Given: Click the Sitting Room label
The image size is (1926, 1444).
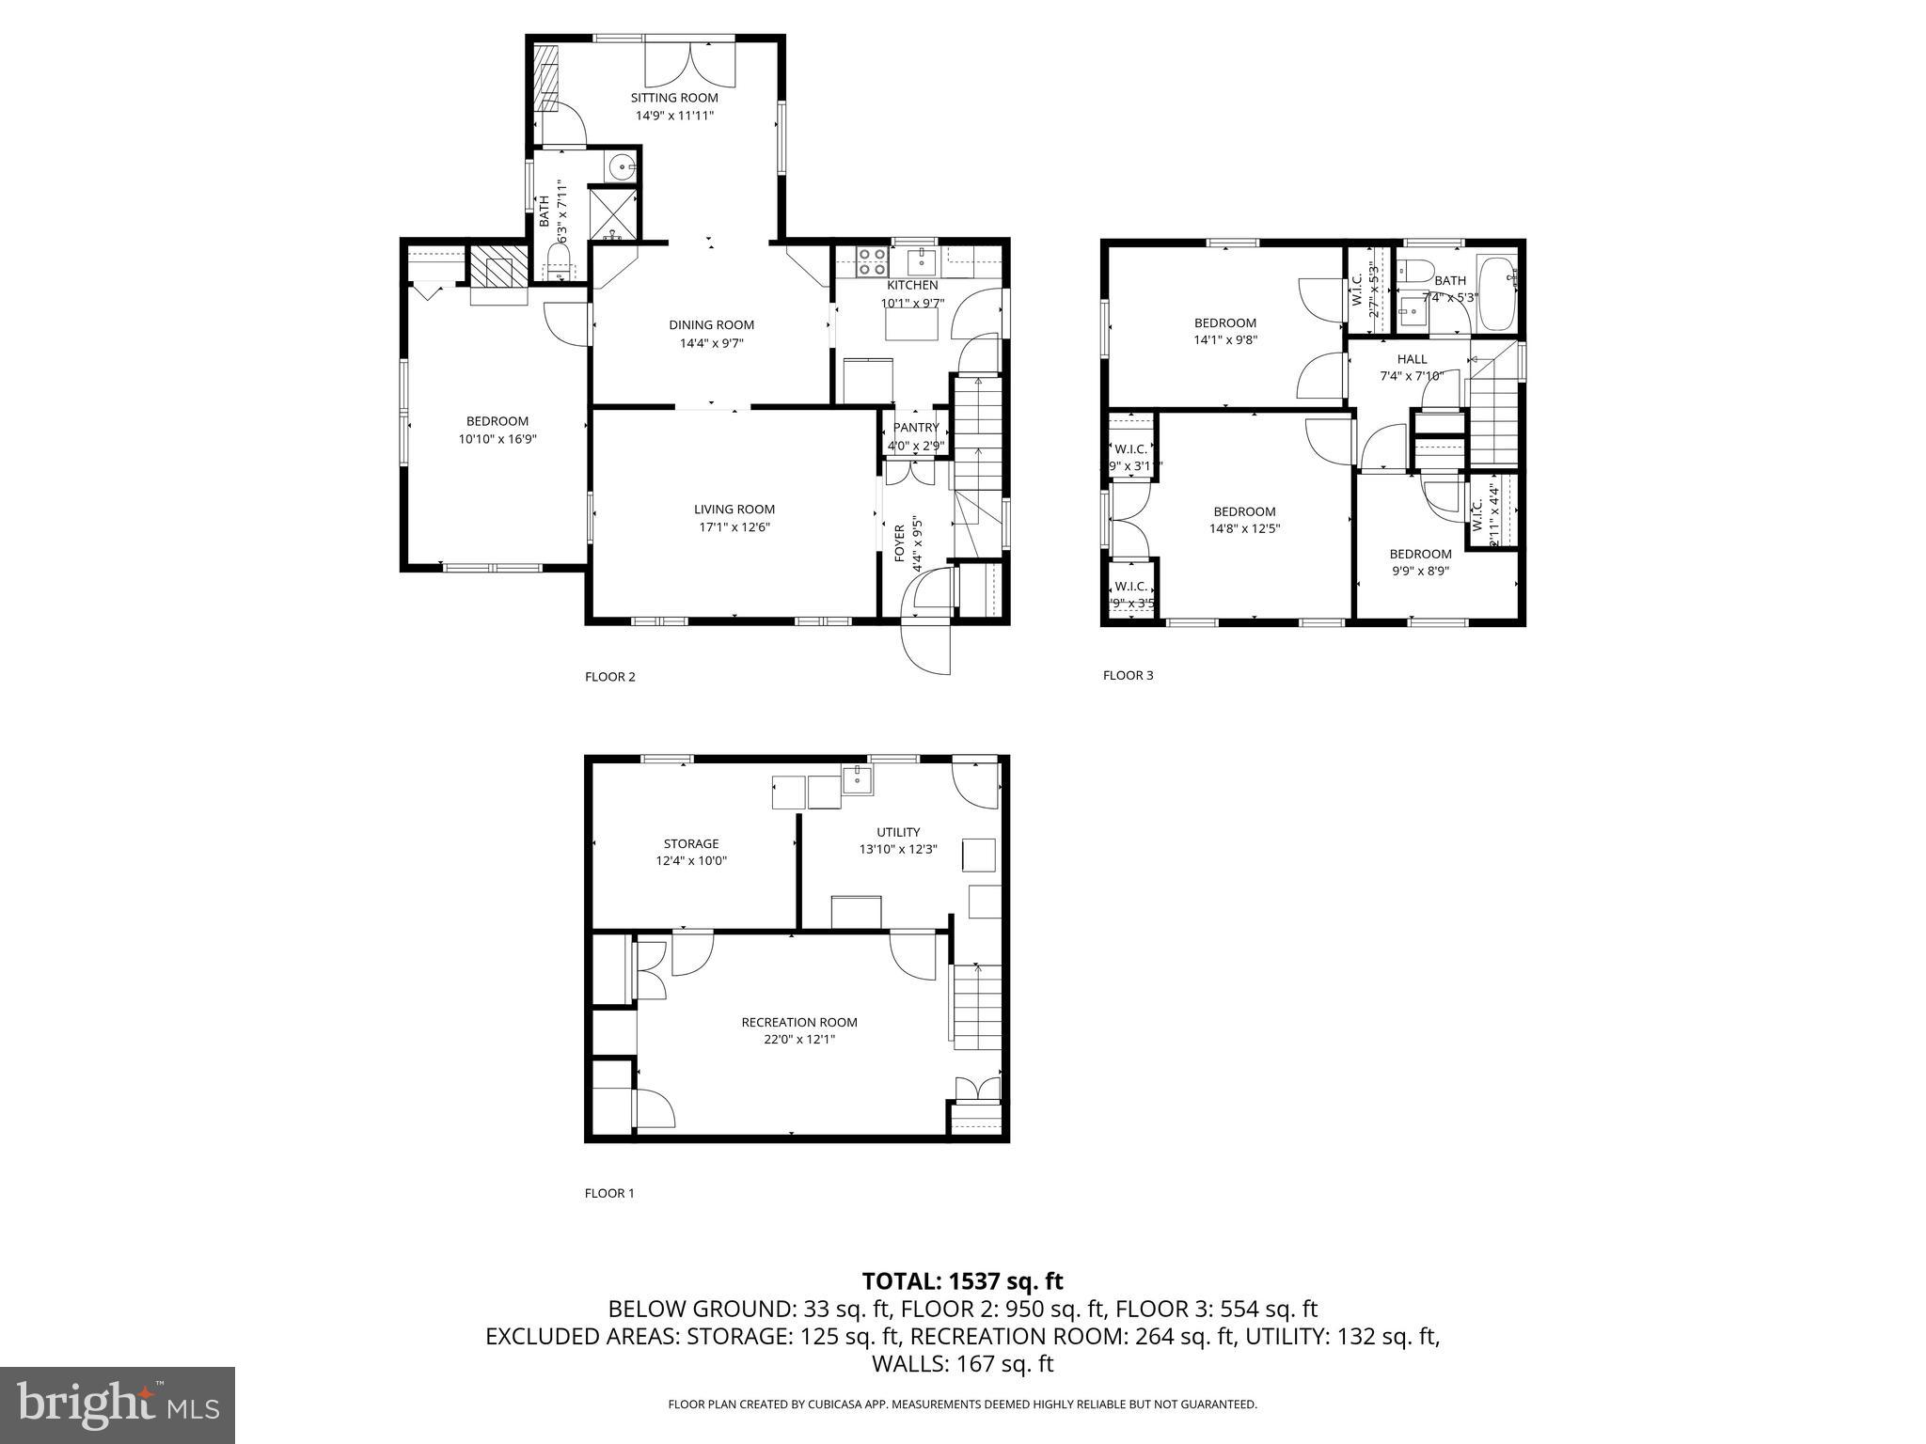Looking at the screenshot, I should pos(673,98).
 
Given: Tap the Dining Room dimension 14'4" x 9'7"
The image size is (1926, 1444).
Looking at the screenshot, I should pos(711,343).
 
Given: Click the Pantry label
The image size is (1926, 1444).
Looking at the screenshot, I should pos(915,428).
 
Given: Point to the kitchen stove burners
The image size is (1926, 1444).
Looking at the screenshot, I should pos(872,260).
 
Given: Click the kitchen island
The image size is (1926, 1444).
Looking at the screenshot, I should pos(911,324).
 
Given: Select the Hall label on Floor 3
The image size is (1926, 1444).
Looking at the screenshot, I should pos(1411,359).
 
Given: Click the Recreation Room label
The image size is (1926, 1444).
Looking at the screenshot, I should pos(799,1022).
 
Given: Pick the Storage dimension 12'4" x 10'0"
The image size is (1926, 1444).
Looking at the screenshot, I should pos(691,860).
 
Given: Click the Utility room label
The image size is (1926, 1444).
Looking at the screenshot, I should pos(897,832).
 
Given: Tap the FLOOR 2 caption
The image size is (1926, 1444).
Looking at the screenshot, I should pos(610,677).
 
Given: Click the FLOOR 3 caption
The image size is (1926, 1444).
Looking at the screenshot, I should pos(1128,675).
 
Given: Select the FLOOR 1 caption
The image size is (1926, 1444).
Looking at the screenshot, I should pos(609,1193).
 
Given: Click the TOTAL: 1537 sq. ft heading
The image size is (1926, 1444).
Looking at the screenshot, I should pos(962,1280).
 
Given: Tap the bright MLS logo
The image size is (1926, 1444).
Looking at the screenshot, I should pos(118,1405).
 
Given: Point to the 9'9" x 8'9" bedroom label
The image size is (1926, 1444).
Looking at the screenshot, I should pos(1420,554).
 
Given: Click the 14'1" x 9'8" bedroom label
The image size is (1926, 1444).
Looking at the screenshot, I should pos(1224,322).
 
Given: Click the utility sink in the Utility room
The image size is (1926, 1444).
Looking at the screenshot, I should pos(857,780).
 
